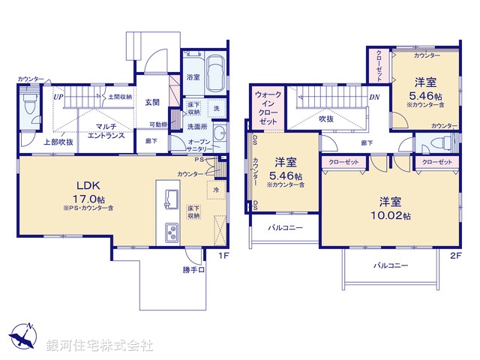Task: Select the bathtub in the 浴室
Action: click(214, 74)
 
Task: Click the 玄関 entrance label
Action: click(152, 102)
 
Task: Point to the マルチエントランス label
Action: click(105, 131)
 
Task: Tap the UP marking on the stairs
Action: click(57, 97)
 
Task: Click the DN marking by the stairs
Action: click(373, 97)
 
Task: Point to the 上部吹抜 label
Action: click(56, 142)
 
